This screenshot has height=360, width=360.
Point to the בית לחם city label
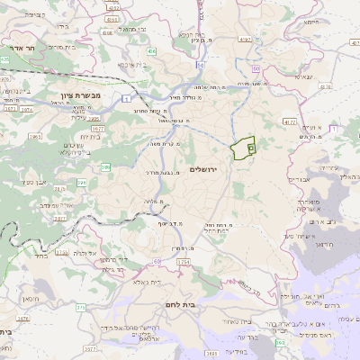[x=193, y=306]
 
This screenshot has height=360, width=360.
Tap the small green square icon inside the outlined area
[x=250, y=146]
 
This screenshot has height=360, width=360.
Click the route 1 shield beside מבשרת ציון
[x=129, y=97]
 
